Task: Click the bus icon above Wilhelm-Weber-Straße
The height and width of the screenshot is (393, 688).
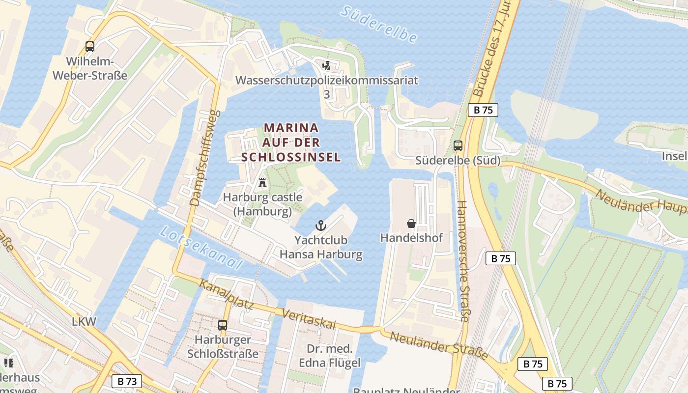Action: click(89, 47)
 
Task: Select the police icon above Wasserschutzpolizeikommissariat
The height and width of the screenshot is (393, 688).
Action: click(327, 65)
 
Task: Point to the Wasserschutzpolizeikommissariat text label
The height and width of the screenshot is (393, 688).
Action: click(327, 81)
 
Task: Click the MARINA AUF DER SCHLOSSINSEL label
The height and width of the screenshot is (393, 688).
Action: click(291, 142)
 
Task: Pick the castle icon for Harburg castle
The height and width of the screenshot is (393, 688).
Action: click(262, 183)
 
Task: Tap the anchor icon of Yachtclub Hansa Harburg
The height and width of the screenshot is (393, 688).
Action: click(320, 226)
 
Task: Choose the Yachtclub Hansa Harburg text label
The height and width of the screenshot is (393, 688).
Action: click(321, 248)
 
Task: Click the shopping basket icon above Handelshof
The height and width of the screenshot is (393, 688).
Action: click(411, 224)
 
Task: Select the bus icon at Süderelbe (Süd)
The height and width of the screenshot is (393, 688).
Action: click(458, 145)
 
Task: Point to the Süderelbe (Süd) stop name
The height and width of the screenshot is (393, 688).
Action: click(458, 161)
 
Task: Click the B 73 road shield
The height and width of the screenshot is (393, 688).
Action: click(127, 381)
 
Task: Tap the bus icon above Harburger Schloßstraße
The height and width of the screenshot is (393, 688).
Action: click(223, 325)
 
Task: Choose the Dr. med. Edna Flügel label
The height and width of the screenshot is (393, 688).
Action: click(330, 356)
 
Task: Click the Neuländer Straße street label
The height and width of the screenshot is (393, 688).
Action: click(439, 345)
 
